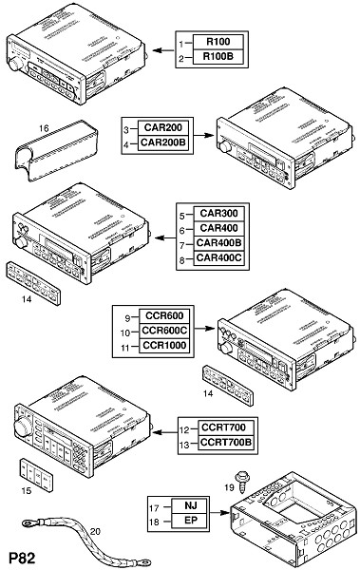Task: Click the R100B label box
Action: (x=218, y=57)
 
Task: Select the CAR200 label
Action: (x=163, y=127)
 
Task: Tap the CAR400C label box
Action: (x=218, y=258)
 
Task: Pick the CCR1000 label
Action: (x=164, y=346)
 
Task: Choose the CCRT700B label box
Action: (x=225, y=443)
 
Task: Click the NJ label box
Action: (x=190, y=505)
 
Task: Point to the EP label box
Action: (x=190, y=521)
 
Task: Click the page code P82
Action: (x=21, y=558)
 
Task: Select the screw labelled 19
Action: (x=241, y=482)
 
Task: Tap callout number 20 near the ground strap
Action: (x=95, y=531)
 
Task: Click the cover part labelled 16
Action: (x=56, y=150)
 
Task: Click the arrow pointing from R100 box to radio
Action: (x=163, y=50)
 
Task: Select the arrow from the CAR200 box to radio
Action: (x=203, y=135)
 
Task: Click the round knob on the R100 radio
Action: (x=15, y=64)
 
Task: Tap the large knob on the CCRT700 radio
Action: (x=24, y=427)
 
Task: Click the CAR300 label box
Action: (x=218, y=214)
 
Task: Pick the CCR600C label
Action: (x=164, y=331)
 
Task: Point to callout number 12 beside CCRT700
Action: (x=184, y=429)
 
